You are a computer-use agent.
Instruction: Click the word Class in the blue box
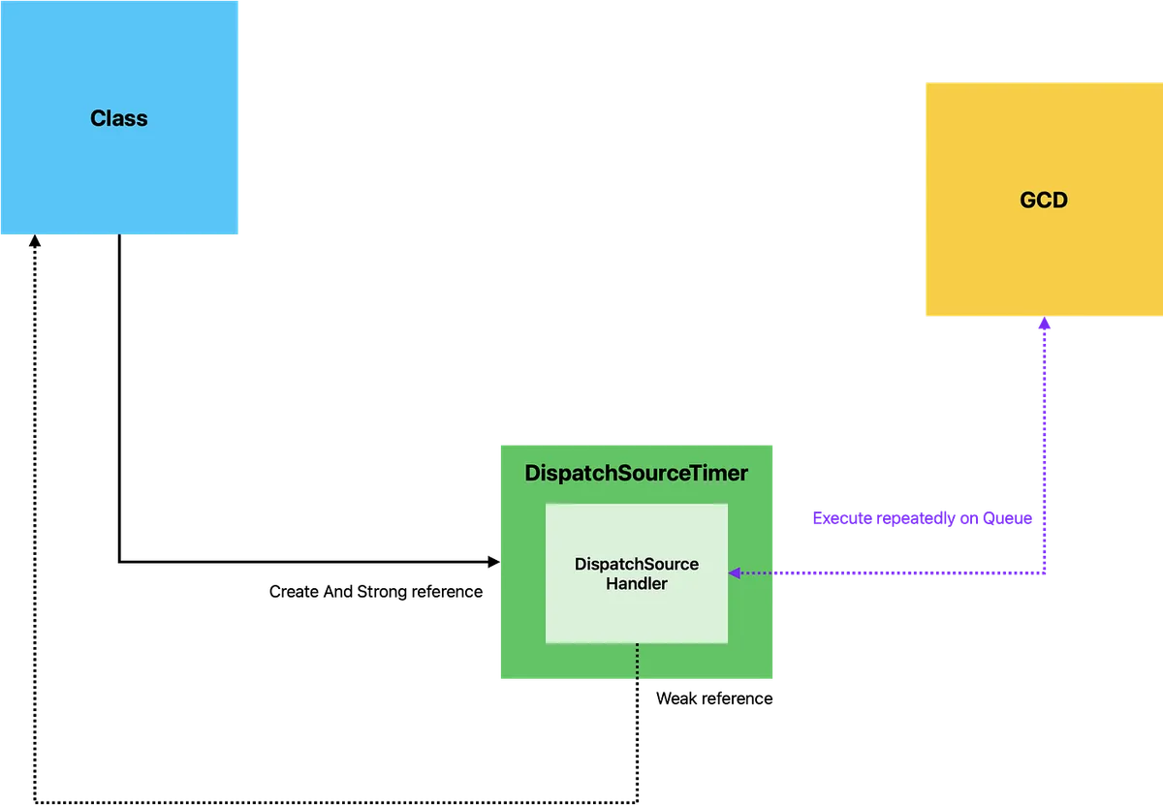[119, 118]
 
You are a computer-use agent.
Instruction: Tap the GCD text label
[1044, 201]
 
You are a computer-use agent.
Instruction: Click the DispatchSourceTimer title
[636, 474]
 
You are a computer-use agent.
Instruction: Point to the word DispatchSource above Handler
[636, 564]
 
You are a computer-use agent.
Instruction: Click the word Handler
[636, 583]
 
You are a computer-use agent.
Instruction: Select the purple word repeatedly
[915, 519]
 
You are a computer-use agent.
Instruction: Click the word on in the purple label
[971, 519]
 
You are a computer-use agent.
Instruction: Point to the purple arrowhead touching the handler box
[736, 573]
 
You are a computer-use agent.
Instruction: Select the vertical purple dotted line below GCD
[1044, 436]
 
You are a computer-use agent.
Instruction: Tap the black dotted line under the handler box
[637, 662]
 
